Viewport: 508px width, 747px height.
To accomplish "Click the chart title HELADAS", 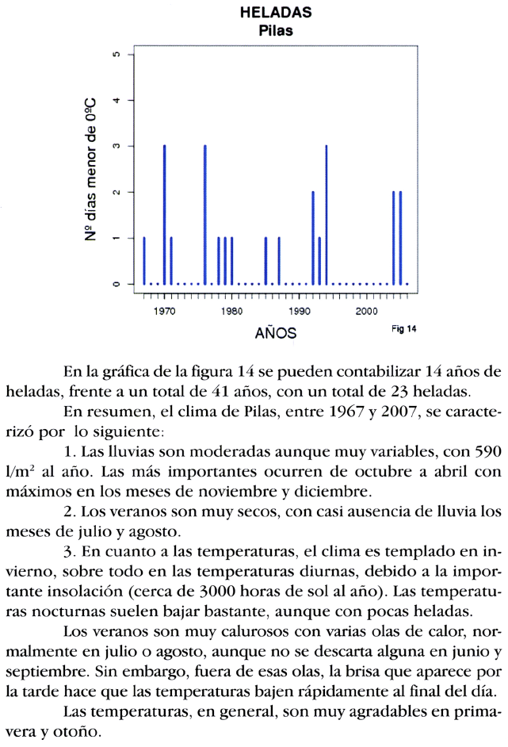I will point(275,13).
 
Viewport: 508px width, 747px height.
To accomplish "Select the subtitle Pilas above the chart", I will point(275,31).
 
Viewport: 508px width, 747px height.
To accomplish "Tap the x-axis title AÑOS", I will point(275,333).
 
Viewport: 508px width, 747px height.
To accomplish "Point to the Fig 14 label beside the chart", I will point(403,328).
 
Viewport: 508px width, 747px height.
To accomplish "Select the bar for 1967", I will point(144,260).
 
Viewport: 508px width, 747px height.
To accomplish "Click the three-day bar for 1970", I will point(164,214).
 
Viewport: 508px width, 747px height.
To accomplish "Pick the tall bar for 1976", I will point(204,214).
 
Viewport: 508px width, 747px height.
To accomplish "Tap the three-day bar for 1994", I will point(326,214).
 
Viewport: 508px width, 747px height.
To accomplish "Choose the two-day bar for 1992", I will point(312,237).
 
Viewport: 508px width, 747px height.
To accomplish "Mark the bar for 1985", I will point(265,260).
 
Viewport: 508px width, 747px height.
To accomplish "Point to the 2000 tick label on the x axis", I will point(366,311).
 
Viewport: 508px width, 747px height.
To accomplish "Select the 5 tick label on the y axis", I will point(116,55).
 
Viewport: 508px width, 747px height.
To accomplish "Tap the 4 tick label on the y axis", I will point(116,101).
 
